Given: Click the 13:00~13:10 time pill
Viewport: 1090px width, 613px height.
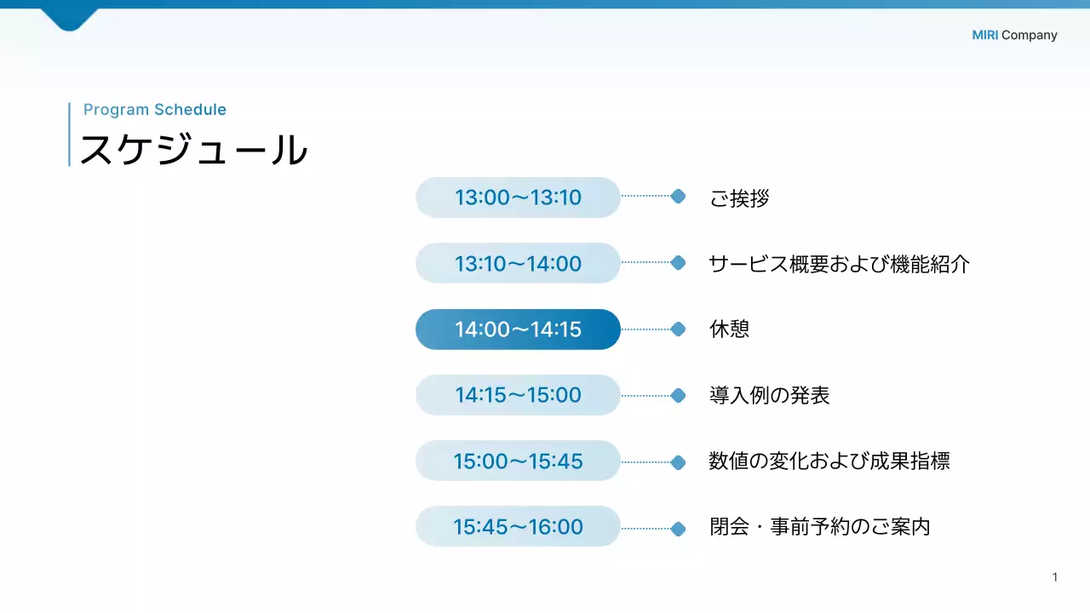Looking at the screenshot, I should (518, 198).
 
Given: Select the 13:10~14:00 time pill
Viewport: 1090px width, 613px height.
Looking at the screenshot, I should (518, 263).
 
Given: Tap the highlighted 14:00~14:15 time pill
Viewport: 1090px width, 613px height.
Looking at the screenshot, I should (518, 329).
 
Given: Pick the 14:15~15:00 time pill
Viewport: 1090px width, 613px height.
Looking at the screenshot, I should (518, 395).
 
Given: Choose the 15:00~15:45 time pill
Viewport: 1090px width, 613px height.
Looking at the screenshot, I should (518, 461).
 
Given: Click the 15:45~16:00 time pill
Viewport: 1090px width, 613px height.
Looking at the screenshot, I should (518, 526).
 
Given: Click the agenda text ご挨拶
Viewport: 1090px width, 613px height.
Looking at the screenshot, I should (739, 198).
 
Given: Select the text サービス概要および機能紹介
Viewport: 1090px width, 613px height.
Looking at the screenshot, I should (839, 264).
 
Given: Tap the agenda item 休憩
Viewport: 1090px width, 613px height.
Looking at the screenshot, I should (729, 329).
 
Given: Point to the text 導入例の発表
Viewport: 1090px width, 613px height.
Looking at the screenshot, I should (769, 395).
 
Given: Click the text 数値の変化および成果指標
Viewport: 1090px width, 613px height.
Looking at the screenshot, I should (829, 461).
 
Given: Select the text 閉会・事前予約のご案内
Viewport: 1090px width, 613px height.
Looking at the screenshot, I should (819, 526).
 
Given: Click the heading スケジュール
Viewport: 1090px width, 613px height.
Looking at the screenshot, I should (193, 150).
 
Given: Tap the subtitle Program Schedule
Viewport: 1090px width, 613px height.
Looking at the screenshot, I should (155, 109).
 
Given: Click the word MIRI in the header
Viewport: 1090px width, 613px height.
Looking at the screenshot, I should (984, 35).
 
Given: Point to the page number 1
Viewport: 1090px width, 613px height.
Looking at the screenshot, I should (1055, 577).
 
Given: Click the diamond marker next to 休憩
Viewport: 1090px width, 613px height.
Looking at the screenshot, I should (678, 329).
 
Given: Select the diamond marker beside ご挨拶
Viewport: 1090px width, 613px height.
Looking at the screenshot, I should (678, 197).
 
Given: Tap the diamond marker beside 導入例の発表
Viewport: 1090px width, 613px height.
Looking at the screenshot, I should (678, 395).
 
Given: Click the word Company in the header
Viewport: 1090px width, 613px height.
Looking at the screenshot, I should (1029, 35).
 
